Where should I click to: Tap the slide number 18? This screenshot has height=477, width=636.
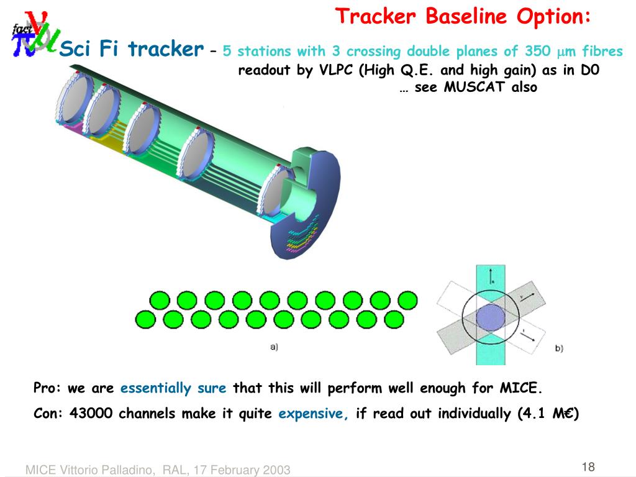click(589, 466)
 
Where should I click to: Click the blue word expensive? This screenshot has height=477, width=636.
click(314, 414)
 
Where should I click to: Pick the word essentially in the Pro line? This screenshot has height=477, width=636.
click(156, 389)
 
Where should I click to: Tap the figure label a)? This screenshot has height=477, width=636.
click(274, 347)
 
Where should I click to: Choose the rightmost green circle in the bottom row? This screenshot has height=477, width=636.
click(394, 319)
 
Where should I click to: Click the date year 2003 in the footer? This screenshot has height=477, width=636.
click(278, 470)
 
